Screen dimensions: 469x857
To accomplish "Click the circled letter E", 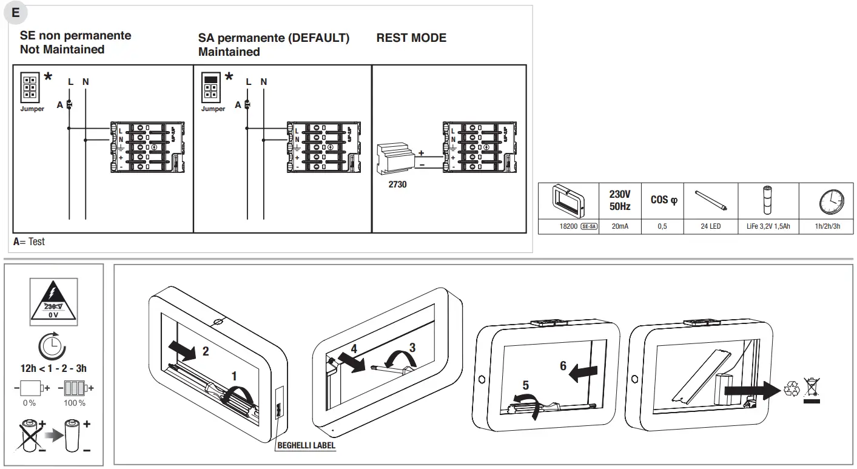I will tap(16, 12).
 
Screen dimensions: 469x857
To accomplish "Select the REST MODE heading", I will tap(411, 38).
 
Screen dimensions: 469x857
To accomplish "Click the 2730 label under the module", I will tap(397, 184).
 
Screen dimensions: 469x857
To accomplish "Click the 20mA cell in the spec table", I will tap(619, 226).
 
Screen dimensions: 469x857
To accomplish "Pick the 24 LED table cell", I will tap(710, 226).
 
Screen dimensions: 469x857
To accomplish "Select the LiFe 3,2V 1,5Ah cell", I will tap(768, 226).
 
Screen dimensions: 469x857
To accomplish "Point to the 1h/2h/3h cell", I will tap(827, 226).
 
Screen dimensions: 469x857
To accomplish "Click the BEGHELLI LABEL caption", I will tap(306, 445).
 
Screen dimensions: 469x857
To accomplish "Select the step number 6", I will tap(563, 366).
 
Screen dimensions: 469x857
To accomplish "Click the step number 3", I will tap(412, 348).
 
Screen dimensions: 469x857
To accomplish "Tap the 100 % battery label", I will tap(74, 403).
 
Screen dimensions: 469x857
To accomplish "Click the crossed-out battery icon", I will tap(31, 434).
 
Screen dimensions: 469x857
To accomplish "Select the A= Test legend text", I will tap(29, 241).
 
